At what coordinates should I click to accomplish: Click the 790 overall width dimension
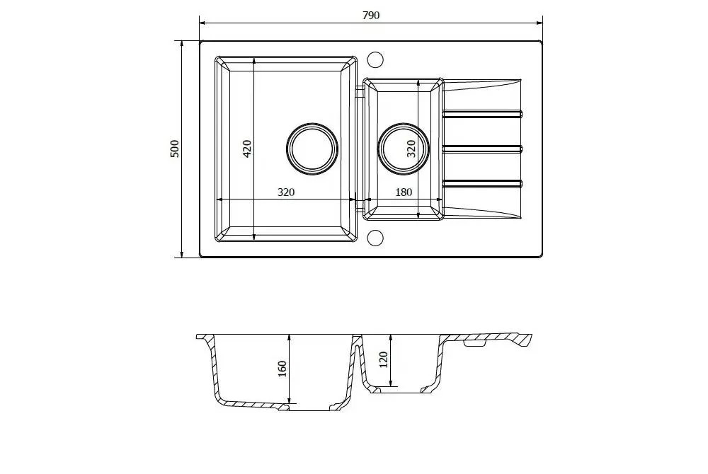coord(371,16)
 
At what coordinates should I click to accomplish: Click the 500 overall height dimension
coord(175,149)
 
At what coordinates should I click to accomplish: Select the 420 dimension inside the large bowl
coord(247,149)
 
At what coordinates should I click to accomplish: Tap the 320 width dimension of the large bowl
coord(285,192)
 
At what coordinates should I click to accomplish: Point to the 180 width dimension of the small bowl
coord(404,192)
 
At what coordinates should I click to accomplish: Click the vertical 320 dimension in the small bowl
coord(411,149)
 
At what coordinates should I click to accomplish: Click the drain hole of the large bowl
coord(312,149)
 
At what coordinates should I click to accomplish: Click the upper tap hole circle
coord(376,58)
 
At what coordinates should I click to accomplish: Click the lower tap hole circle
coord(376,238)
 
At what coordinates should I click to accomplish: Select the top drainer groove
coord(483,113)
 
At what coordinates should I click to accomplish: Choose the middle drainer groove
coord(483,148)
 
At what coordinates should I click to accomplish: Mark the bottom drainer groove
coord(483,183)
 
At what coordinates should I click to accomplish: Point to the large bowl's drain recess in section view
coord(312,407)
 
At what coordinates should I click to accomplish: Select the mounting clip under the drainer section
coord(474,345)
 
